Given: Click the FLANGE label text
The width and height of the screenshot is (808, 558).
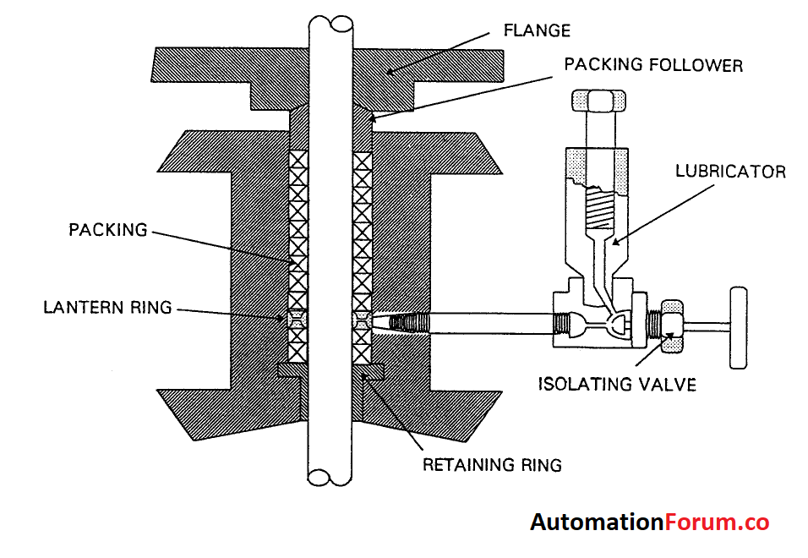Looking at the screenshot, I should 537,31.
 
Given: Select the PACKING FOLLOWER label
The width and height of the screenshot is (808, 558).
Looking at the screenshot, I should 653,65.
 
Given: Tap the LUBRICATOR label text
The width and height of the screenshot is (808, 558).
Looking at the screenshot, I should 730,172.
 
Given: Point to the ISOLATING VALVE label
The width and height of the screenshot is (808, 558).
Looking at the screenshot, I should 617,385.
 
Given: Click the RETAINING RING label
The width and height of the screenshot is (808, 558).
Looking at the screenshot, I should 492,464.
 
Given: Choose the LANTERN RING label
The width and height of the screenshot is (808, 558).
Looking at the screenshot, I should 107,308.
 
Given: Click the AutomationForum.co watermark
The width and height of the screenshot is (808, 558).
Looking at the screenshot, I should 649,522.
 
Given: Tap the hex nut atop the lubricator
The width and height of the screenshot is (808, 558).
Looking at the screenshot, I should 596,101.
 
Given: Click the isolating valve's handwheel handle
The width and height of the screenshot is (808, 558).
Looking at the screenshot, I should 740,327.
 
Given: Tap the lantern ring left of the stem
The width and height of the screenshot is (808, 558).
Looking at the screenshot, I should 296,320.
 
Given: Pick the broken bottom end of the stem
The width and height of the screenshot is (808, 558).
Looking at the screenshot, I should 330,478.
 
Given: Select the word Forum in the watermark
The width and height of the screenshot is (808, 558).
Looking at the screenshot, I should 699,522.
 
